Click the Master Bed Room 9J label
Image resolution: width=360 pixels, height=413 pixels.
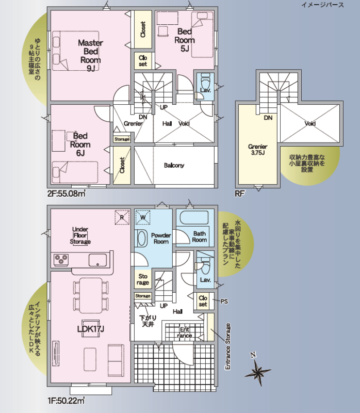point(90,55)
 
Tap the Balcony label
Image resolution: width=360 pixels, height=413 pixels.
point(174,165)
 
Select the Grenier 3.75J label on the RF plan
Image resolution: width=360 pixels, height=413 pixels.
point(258,150)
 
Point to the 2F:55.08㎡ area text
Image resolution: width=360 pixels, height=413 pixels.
point(67,194)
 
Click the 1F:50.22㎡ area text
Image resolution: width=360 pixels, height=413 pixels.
point(66,401)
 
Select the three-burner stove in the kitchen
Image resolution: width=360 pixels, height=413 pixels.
point(61,260)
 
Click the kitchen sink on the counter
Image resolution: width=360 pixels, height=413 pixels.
point(97,260)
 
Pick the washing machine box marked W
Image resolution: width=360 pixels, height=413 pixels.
point(143,217)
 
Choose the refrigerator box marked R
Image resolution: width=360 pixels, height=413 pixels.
point(122,217)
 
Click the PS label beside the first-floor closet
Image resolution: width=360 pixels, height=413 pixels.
point(224,301)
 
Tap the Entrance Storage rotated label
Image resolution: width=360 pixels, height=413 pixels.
point(227,346)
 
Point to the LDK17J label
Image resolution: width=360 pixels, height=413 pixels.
point(91,329)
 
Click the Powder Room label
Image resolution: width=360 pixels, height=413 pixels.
point(161,239)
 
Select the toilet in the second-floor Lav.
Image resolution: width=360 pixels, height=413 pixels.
point(205,81)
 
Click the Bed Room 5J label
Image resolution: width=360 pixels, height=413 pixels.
point(185,40)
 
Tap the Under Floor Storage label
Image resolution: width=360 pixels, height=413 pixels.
point(80,235)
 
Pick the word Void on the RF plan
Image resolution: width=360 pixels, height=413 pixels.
point(310,123)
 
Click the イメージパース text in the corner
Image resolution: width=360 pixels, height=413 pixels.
point(322,5)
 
